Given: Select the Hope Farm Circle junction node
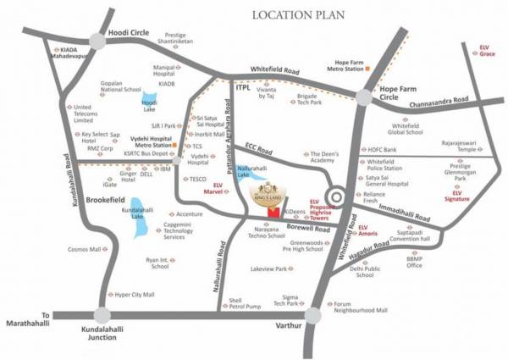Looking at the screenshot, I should tap(365, 98).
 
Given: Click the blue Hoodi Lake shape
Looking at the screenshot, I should tap(150, 101).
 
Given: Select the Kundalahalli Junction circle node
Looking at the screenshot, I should tap(102, 316).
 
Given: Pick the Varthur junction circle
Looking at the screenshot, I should tap(313, 316).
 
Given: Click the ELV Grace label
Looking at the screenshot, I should tap(485, 51).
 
